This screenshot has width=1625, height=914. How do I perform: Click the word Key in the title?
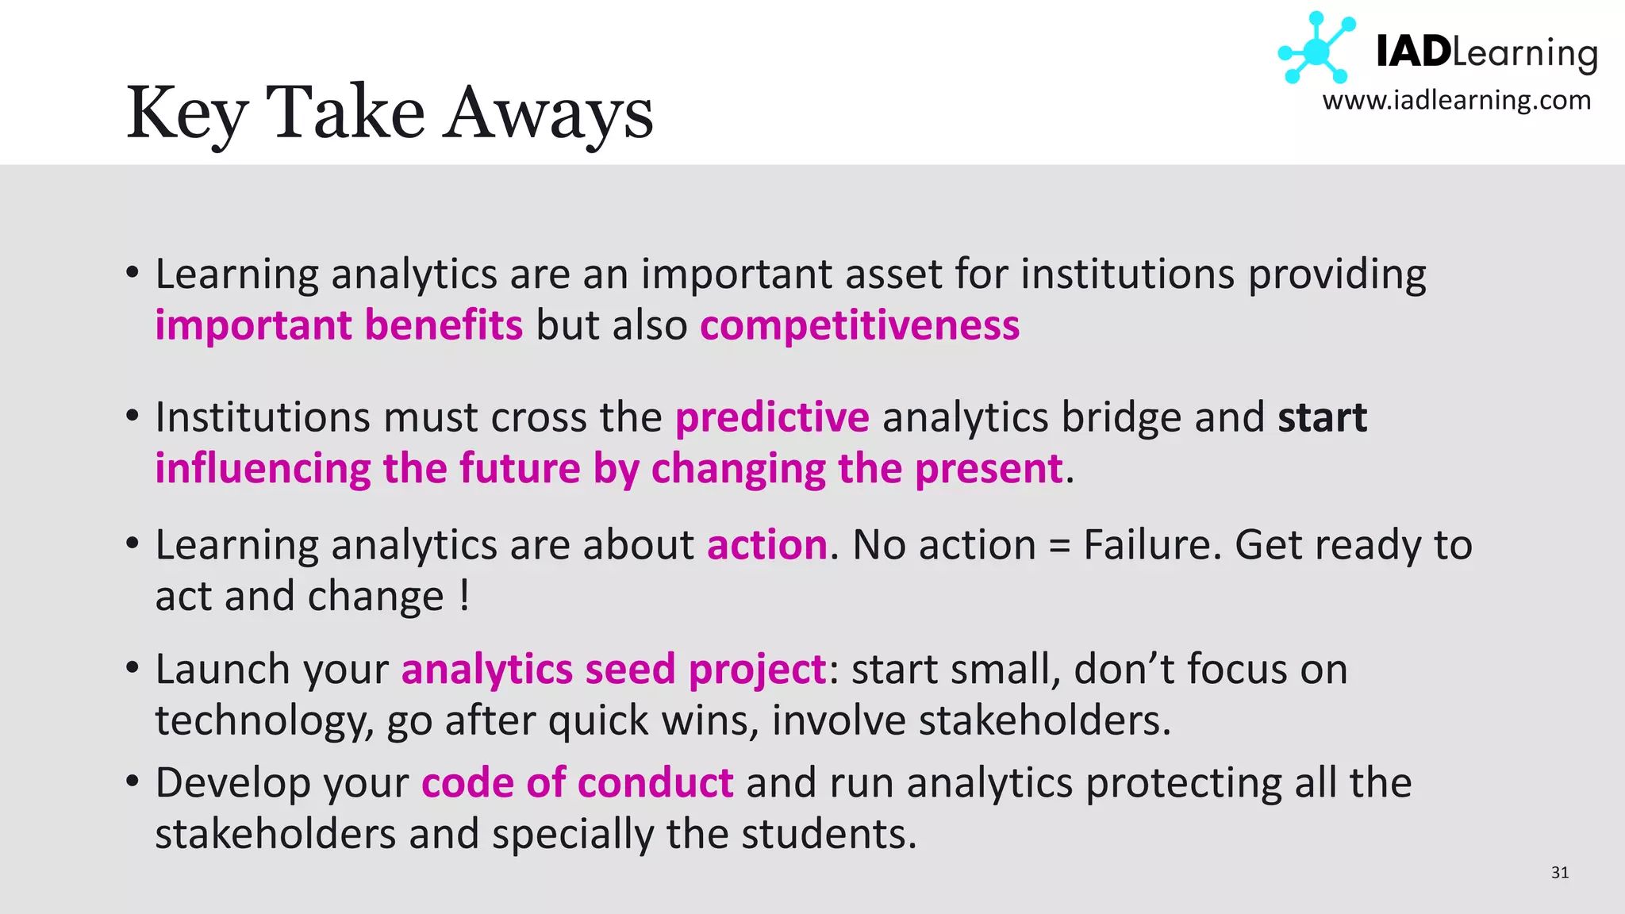point(187,113)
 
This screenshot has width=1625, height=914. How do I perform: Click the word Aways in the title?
point(547,113)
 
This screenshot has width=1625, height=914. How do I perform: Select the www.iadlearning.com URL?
point(1457,101)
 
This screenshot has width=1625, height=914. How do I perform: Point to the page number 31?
point(1559,873)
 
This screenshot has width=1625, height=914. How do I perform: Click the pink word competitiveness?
point(859,325)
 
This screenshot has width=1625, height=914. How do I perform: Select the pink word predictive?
point(772,417)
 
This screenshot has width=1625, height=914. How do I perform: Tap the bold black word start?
point(1322,417)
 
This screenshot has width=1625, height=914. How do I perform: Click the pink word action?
point(767,545)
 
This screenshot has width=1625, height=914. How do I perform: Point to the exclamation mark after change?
point(464,596)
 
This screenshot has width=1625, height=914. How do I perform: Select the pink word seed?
point(630,669)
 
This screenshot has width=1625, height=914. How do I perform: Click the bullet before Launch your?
point(133,667)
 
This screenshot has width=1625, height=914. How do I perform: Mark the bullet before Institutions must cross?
point(133,416)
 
